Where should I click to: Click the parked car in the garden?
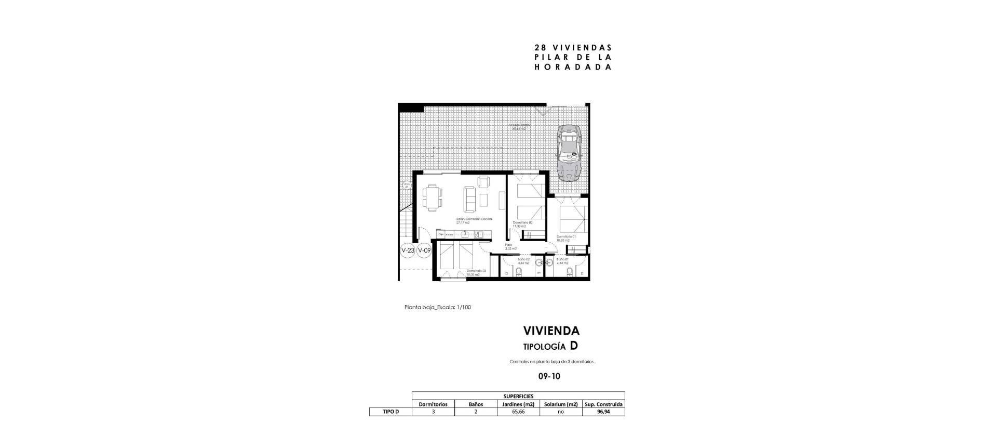(x=569, y=153)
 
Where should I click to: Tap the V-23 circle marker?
(x=408, y=251)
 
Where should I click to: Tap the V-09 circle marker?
(x=424, y=251)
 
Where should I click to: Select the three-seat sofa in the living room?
(x=106, y=200)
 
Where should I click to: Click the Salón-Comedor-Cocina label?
(x=110, y=219)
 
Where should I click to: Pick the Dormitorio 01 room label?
(x=566, y=237)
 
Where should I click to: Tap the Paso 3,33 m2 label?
(x=510, y=247)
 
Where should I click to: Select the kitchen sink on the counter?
(x=102, y=235)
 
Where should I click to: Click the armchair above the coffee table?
(x=120, y=182)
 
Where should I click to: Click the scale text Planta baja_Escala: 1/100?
(x=437, y=307)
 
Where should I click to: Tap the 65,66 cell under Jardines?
(x=518, y=412)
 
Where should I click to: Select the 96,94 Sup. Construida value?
(x=603, y=412)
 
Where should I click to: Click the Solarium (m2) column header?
(x=560, y=404)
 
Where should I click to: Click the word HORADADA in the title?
(x=572, y=67)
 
